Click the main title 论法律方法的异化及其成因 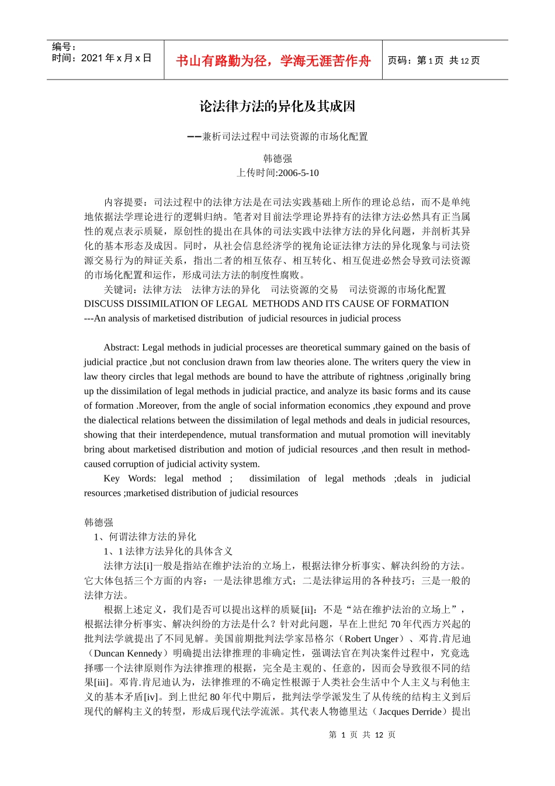[277, 106]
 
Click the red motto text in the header [273, 61]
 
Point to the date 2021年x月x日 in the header [116, 58]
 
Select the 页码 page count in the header [433, 61]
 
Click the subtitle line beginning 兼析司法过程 [285, 137]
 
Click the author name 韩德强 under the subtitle [277, 158]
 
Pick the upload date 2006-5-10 [299, 173]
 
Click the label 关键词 [120, 289]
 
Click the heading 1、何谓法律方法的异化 [145, 537]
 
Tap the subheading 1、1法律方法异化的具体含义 [168, 551]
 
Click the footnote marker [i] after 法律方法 [148, 566]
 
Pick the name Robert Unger [372, 639]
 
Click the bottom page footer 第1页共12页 [362, 735]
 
